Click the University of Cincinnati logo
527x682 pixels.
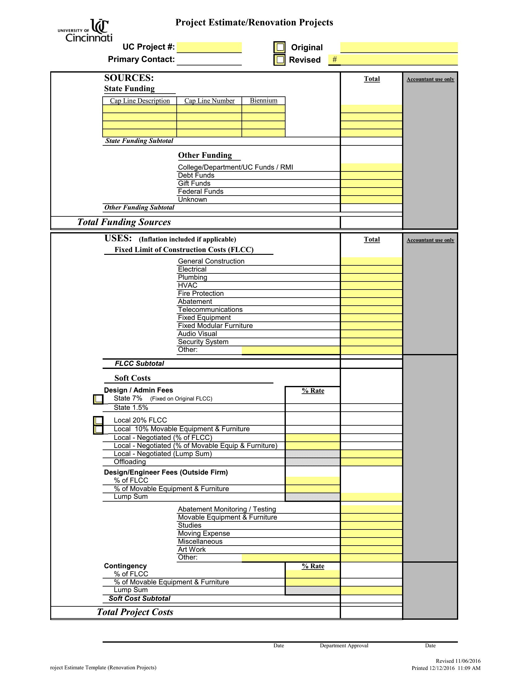[85, 31]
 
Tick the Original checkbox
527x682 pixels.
[280, 47]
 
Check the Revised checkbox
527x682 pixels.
[280, 60]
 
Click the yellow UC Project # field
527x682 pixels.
[209, 47]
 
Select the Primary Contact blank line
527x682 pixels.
[209, 60]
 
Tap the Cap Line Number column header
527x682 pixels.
[209, 101]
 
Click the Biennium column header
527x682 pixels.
[263, 100]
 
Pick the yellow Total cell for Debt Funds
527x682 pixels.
[371, 175]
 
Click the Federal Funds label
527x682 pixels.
[201, 191]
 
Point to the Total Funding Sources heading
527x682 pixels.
[124, 222]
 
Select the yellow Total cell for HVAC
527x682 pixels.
[371, 286]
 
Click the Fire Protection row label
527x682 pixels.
[201, 294]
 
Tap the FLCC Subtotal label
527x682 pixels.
[139, 364]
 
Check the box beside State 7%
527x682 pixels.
[98, 399]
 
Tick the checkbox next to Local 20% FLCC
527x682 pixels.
[98, 421]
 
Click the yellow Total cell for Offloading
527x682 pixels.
[371, 462]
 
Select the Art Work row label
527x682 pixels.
[192, 550]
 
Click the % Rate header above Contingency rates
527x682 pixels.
[313, 566]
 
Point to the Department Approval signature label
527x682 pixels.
[344, 645]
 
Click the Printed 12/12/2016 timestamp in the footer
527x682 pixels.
[446, 668]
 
